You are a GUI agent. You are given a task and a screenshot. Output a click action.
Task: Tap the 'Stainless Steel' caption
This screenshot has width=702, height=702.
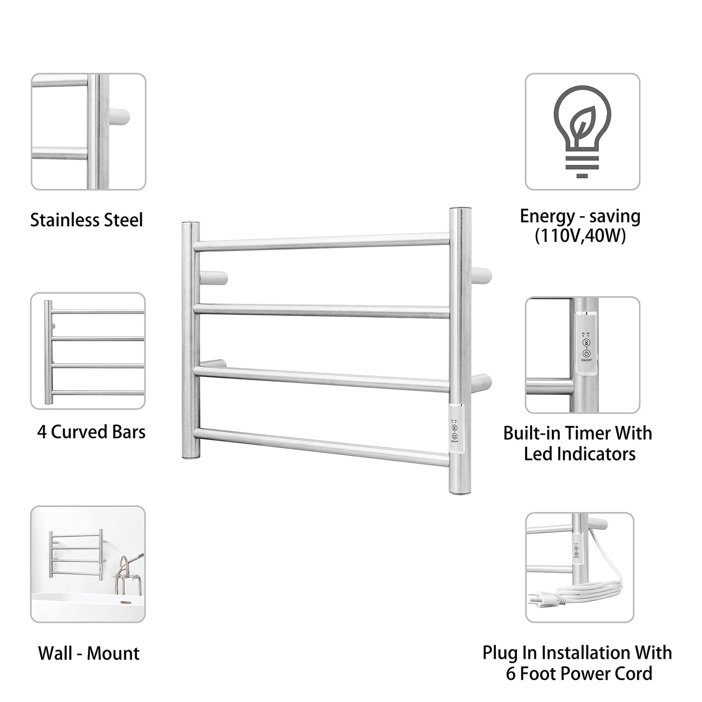click(x=86, y=220)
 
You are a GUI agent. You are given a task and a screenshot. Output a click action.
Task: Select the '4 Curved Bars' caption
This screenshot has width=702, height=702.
click(x=91, y=431)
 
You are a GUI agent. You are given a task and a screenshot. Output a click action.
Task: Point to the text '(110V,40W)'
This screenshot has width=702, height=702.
click(x=580, y=237)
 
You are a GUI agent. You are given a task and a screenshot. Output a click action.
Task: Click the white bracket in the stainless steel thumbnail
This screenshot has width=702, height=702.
click(x=119, y=118)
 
